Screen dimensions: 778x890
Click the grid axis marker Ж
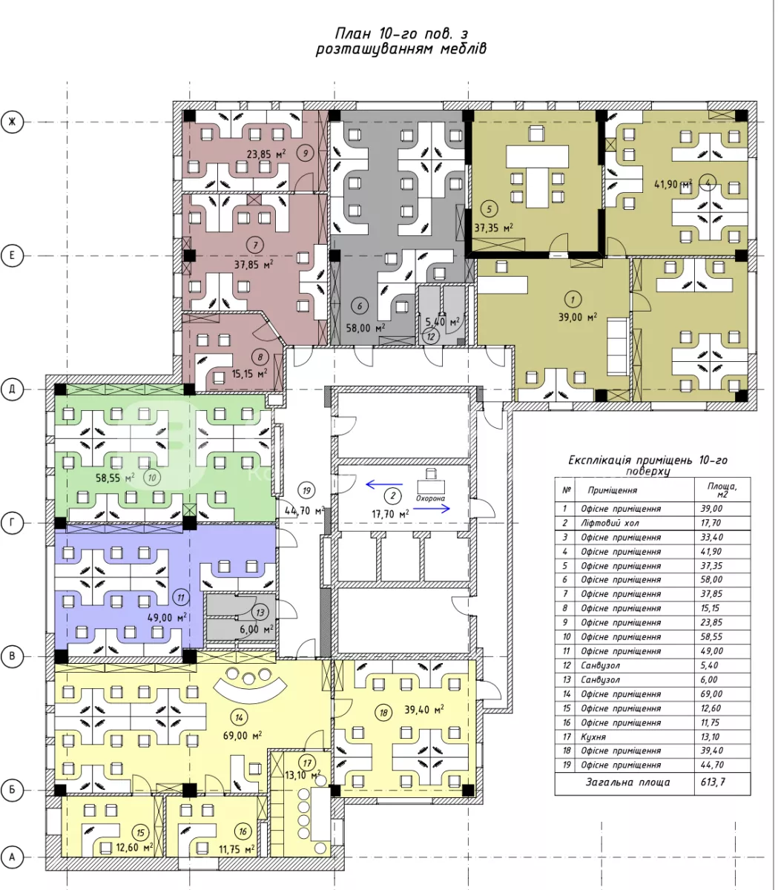[12, 122]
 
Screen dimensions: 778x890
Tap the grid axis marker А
[12, 857]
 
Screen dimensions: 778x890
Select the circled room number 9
[306, 153]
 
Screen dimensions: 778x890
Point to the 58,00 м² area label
[366, 328]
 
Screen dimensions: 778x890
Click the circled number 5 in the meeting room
[489, 209]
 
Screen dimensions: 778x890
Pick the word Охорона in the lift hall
[430, 498]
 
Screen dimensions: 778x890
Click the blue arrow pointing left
[384, 484]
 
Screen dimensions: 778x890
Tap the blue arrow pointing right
[431, 509]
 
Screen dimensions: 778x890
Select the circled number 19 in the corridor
[306, 491]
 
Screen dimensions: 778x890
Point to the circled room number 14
[239, 718]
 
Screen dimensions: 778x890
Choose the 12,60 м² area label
[134, 848]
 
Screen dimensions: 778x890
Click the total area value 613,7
[712, 782]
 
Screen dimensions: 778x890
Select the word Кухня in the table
[593, 736]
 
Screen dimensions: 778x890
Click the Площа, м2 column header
[722, 489]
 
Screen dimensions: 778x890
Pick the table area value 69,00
[711, 693]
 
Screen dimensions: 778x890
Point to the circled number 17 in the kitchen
[308, 763]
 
